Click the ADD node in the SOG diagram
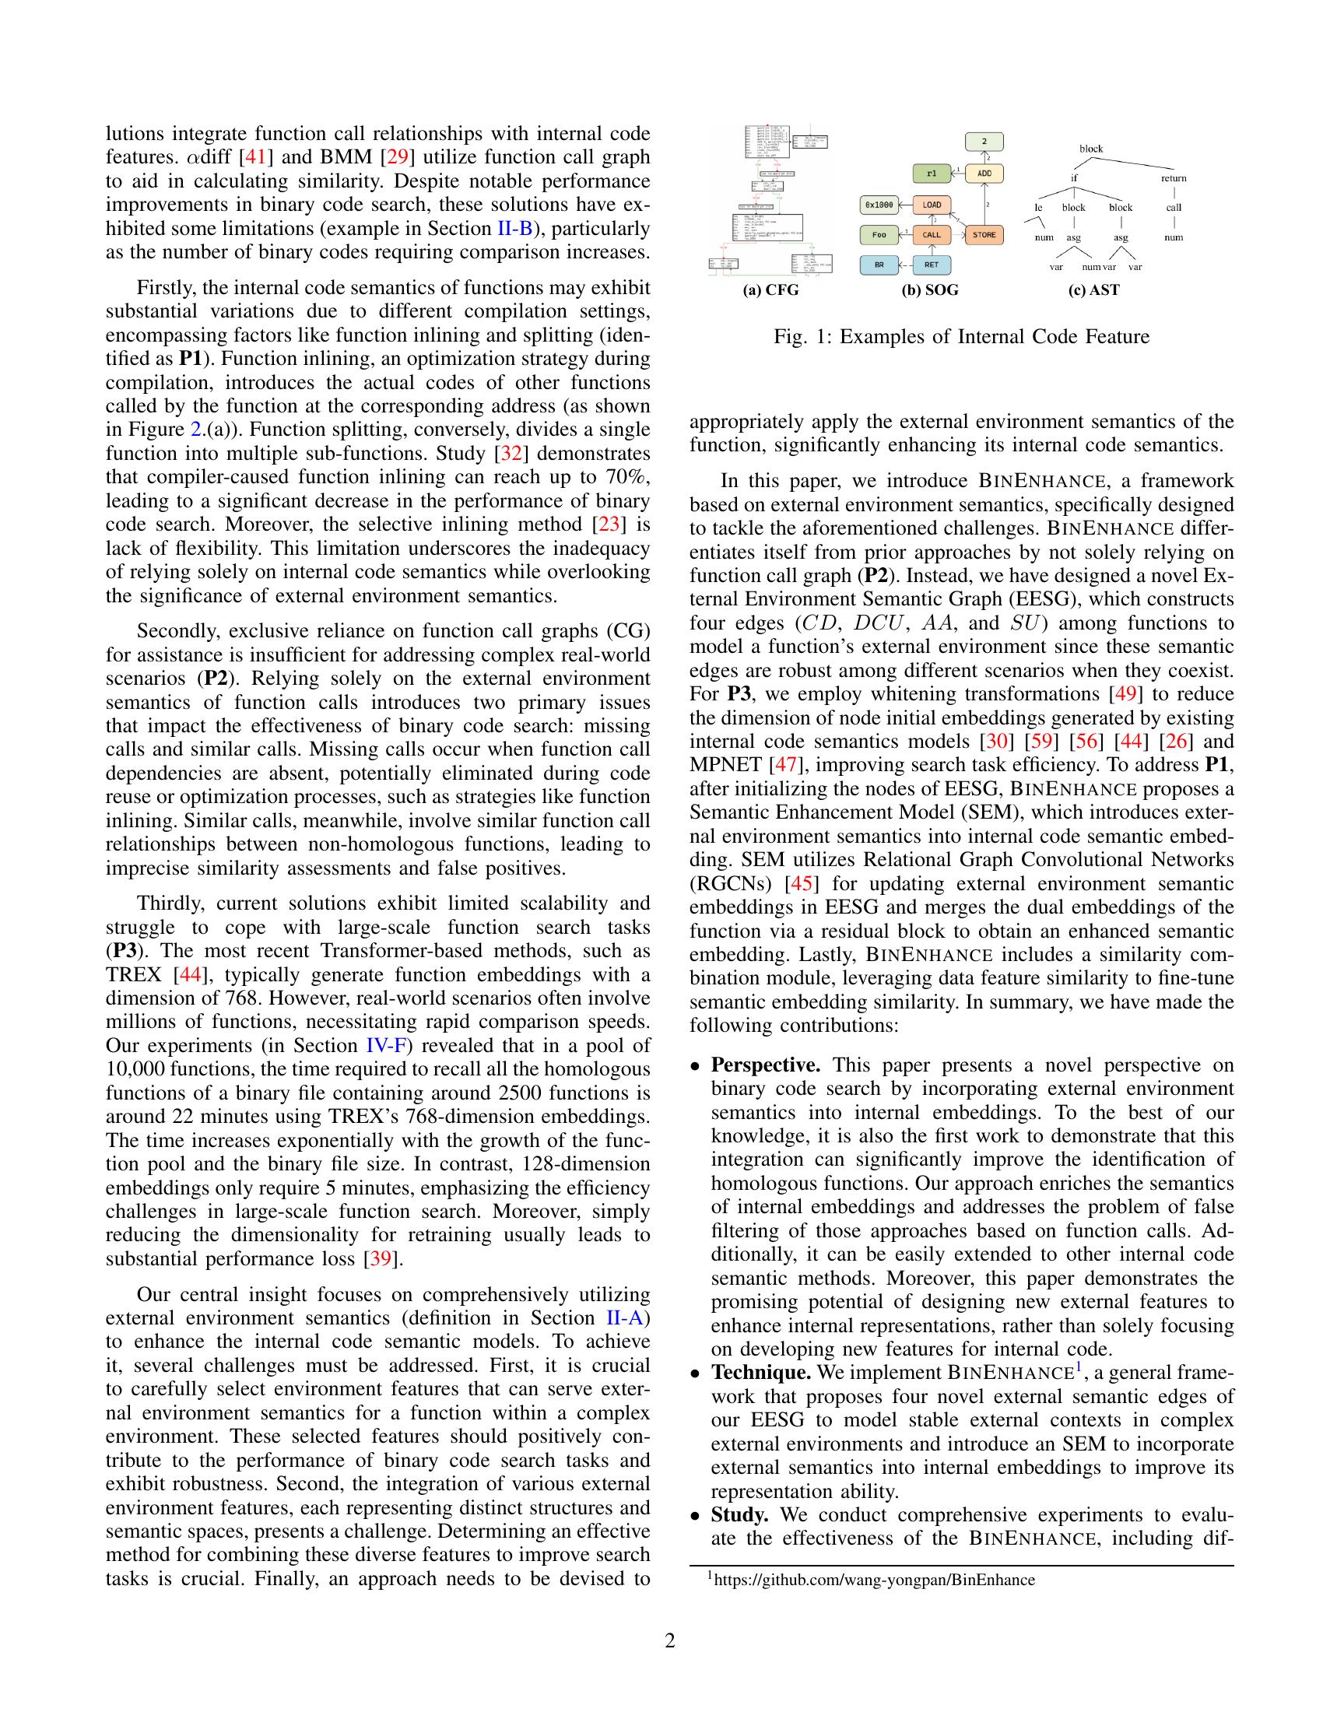[x=984, y=174]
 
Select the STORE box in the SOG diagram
[x=984, y=234]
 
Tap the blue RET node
[x=931, y=265]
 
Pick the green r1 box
[x=931, y=174]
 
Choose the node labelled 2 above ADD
[x=984, y=142]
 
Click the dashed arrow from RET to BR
[x=904, y=265]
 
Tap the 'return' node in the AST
[x=1174, y=178]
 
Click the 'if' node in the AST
[x=1074, y=178]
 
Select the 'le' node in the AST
[x=1038, y=208]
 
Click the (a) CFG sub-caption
[x=771, y=291]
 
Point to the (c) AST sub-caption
[x=1093, y=291]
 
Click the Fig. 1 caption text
[x=961, y=337]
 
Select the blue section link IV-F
[x=384, y=1046]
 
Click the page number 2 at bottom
[x=669, y=1640]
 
